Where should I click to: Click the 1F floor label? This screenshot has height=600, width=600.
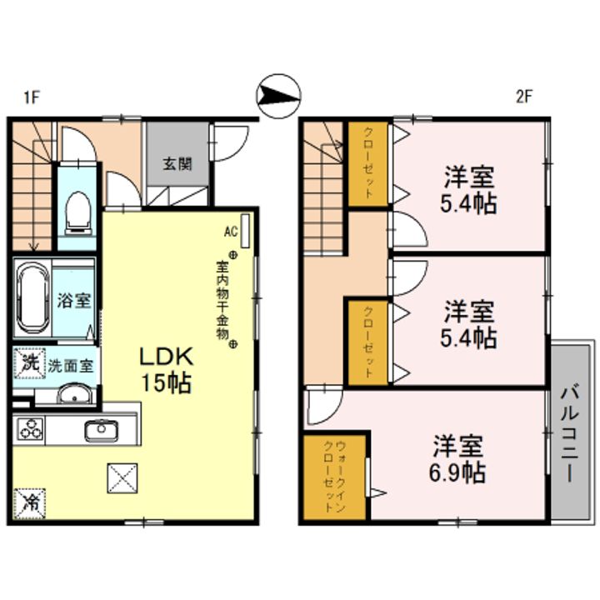point(32,97)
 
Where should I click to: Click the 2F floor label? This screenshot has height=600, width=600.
point(523,97)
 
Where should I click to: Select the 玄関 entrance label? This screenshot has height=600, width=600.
point(177,163)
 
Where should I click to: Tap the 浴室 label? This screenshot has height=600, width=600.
point(74,301)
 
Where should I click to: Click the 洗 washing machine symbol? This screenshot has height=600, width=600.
point(28,363)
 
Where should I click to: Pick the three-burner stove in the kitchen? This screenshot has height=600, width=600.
point(32,431)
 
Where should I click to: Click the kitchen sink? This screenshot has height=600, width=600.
point(101,430)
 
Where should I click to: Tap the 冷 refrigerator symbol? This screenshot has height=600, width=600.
point(29,503)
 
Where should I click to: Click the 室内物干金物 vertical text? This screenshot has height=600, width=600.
point(222,301)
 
